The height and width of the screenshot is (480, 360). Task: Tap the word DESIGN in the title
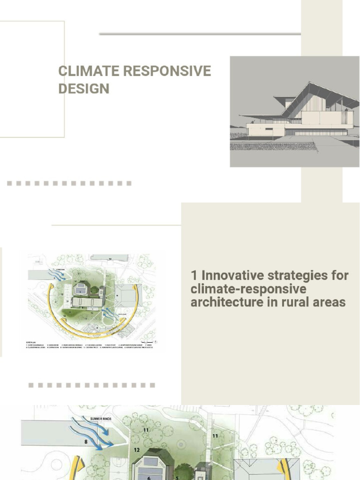[x=83, y=88]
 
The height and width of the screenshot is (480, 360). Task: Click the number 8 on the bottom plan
[x=86, y=442]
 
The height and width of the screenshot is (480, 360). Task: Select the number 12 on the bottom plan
[x=137, y=450]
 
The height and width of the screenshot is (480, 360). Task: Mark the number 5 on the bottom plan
[x=177, y=477]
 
